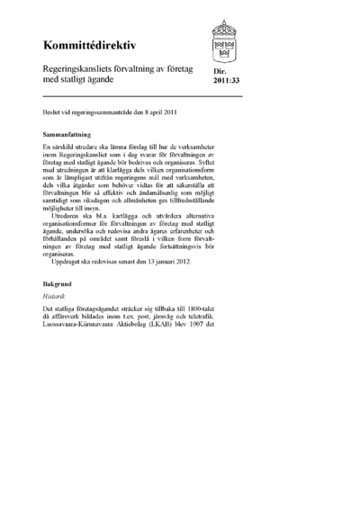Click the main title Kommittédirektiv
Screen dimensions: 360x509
point(86,45)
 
